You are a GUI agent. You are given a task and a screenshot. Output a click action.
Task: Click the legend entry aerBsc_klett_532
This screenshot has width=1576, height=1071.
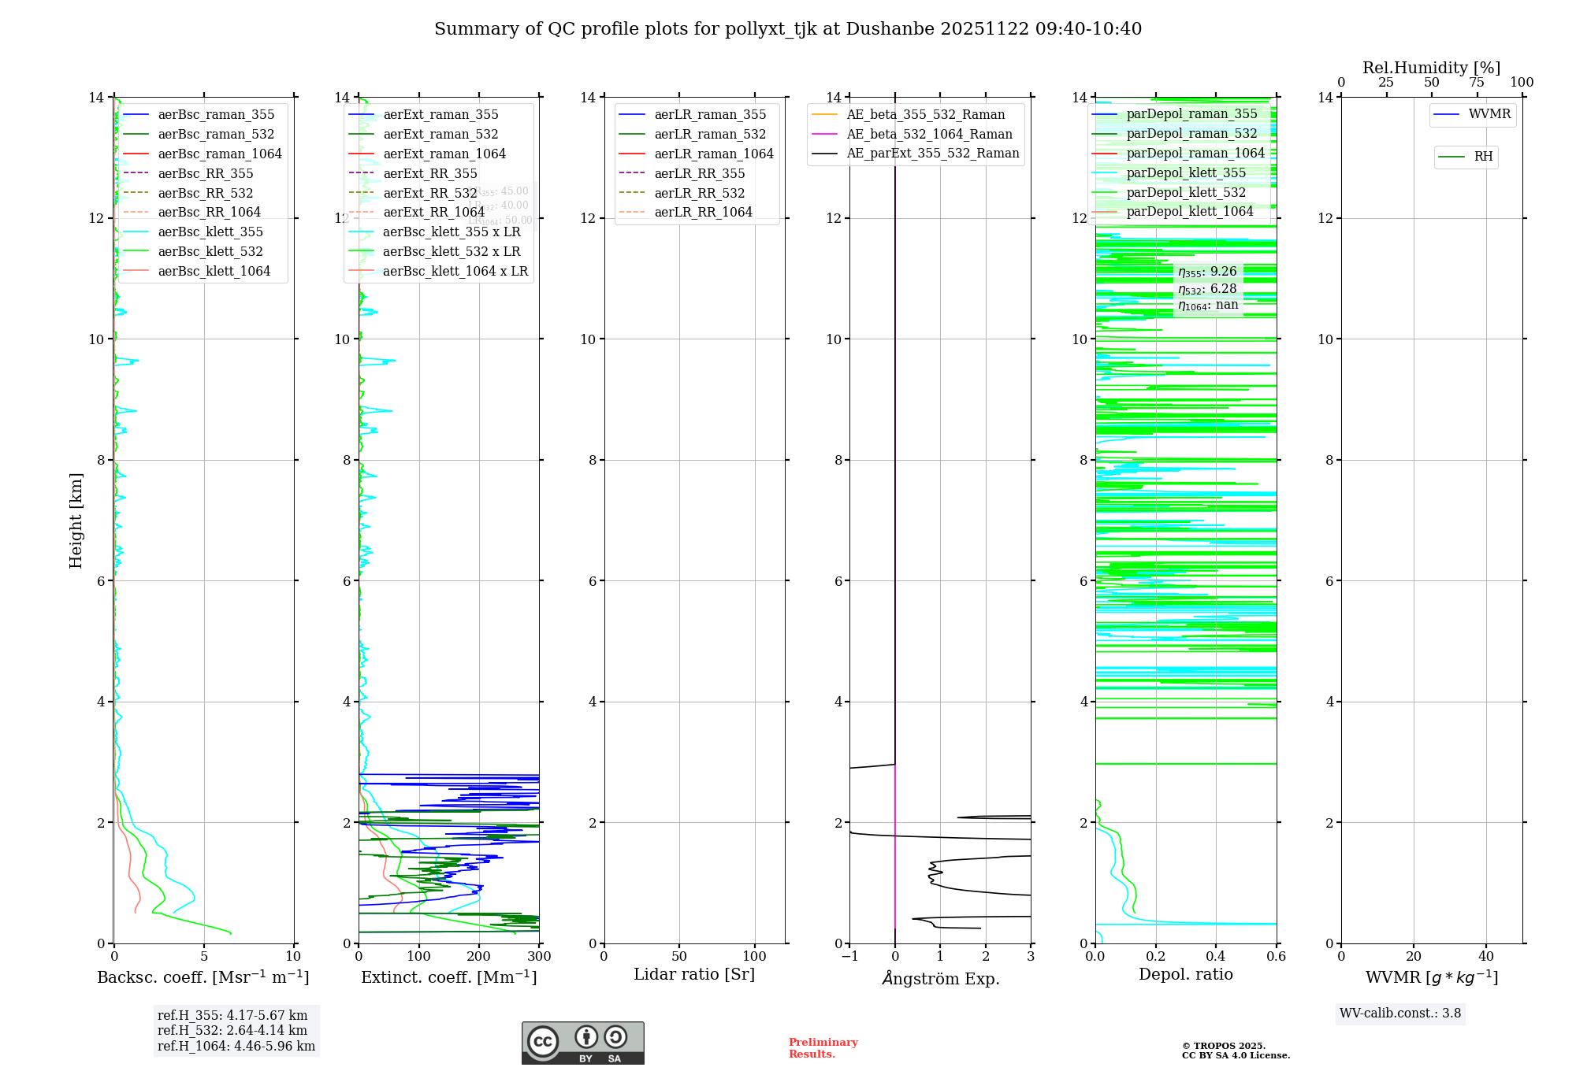point(210,251)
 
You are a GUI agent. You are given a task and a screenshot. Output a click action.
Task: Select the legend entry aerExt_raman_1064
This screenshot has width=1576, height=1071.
point(444,154)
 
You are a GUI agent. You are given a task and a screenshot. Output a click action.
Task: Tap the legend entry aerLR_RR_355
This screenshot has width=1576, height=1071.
point(699,173)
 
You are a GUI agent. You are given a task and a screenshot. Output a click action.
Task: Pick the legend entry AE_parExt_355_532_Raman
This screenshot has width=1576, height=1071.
point(932,154)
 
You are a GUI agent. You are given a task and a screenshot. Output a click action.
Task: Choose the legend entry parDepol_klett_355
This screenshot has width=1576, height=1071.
point(1186,172)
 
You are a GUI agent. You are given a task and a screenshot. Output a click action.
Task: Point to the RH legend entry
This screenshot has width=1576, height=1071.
point(1483,157)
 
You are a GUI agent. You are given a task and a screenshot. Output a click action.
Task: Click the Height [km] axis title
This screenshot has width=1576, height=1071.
point(76,520)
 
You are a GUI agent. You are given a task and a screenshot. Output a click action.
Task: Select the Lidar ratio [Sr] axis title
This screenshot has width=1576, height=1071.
point(694,974)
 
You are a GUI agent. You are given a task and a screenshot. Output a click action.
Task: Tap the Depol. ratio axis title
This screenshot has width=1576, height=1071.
point(1185,974)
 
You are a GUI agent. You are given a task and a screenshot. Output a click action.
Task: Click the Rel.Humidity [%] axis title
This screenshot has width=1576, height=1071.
point(1431,68)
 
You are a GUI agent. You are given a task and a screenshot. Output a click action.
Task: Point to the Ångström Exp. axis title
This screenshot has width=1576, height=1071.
point(940,978)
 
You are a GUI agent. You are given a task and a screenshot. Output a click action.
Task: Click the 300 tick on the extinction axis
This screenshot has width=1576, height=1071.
point(540,957)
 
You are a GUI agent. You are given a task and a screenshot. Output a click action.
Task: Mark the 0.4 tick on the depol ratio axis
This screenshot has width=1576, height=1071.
point(1216,957)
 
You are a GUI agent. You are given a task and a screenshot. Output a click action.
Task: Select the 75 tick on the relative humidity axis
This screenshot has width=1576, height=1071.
point(1477,83)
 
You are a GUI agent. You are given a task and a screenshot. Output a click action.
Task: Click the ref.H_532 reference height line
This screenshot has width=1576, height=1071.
point(232,1030)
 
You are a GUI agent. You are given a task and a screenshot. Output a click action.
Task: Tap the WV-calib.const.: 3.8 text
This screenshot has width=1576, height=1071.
point(1400,1014)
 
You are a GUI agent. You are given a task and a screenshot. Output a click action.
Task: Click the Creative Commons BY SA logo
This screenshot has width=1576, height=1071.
point(582,1043)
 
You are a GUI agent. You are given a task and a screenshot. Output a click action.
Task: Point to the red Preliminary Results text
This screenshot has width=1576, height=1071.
point(823,1048)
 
